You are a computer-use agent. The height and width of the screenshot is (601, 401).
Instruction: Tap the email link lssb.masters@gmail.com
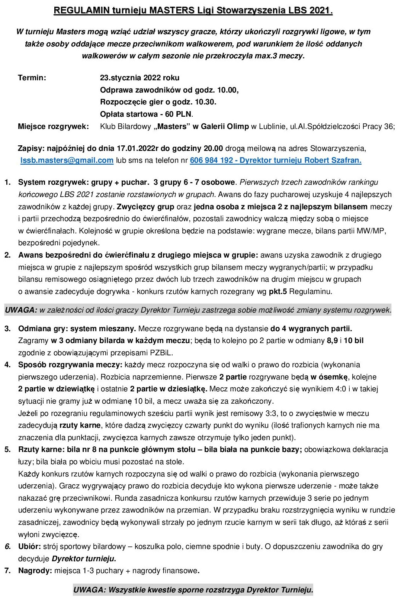pyautogui.click(x=67, y=160)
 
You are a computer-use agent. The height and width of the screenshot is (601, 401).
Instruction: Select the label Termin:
pyautogui.click(x=32, y=78)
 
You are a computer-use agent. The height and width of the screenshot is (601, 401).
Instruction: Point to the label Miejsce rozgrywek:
pyautogui.click(x=53, y=126)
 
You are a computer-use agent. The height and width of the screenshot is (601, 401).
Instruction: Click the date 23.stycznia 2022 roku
pyautogui.click(x=139, y=78)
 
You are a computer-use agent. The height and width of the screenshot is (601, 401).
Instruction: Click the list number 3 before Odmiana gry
pyautogui.click(x=7, y=329)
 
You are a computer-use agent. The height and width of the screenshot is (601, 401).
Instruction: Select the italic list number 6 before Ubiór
pyautogui.click(x=7, y=546)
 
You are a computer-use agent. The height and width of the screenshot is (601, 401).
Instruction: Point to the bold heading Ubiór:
pyautogui.click(x=30, y=546)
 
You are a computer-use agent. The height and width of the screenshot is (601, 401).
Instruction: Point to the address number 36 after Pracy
pyautogui.click(x=389, y=126)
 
